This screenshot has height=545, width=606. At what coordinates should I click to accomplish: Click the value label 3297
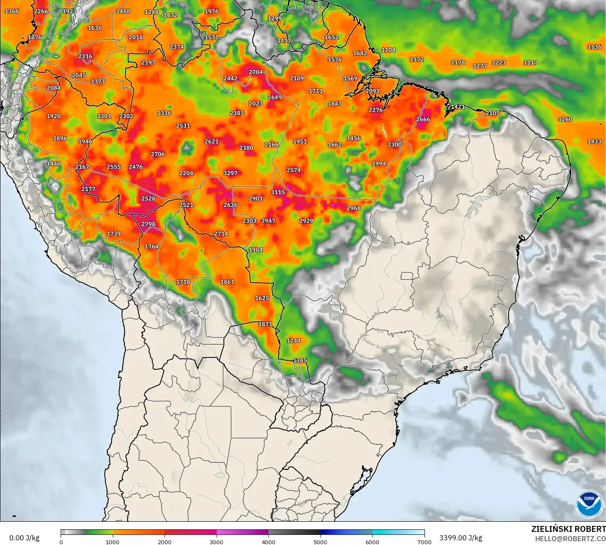point(230,173)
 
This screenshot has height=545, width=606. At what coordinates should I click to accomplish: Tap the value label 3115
point(278,192)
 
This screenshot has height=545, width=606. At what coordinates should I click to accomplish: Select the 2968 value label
point(353,208)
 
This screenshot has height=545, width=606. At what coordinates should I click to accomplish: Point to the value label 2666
point(423,119)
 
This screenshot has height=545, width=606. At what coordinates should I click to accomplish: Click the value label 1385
point(300,360)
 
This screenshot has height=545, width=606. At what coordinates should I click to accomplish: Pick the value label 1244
point(293,340)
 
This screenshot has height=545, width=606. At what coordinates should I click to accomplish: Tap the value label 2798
point(148,224)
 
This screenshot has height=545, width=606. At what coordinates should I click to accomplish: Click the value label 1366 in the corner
point(11,11)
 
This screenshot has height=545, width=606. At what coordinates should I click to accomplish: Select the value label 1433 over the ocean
point(594,141)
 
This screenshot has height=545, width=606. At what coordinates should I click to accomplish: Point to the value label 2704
point(256,72)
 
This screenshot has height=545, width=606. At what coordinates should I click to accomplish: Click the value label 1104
point(388,50)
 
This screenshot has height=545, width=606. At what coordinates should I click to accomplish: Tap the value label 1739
point(113,233)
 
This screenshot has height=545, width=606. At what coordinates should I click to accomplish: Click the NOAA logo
point(589,504)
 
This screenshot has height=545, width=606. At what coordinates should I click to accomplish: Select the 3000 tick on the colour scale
point(216,542)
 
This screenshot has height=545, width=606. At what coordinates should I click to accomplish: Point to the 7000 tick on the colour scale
point(424,542)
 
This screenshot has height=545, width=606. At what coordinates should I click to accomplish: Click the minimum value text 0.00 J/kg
point(24,538)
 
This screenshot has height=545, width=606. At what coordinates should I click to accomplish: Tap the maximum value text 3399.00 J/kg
point(461,538)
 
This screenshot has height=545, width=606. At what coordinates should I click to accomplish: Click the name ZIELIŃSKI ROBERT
point(568,529)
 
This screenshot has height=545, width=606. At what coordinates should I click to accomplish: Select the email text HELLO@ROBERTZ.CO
point(570,539)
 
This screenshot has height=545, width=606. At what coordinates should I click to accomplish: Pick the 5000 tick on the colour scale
point(320,542)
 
